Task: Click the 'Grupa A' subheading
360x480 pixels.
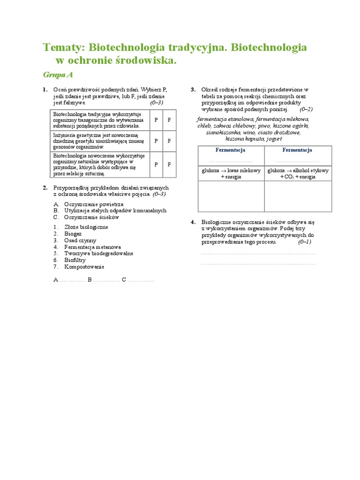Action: (58, 75)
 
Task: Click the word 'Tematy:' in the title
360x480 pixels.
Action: (64, 47)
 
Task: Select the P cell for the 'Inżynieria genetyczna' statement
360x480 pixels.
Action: (156, 141)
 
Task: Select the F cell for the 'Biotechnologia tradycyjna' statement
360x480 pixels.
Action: (169, 120)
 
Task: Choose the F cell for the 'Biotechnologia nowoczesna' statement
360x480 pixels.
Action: (169, 165)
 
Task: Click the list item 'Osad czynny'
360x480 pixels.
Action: (80, 240)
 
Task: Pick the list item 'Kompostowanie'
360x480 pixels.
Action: (84, 267)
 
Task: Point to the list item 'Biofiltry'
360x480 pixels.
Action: (75, 260)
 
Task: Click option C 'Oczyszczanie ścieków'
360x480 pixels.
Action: (91, 217)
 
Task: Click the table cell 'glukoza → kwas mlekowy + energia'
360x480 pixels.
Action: (231, 173)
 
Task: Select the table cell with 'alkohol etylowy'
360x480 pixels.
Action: (298, 173)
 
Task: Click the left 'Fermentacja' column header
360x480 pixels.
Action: (231, 150)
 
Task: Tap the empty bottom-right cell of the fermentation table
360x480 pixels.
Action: (298, 196)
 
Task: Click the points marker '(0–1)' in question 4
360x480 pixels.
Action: (304, 242)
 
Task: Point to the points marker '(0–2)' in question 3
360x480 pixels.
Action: (306, 109)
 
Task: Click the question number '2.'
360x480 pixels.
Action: (45, 187)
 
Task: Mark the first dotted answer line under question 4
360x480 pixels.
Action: (258, 253)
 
